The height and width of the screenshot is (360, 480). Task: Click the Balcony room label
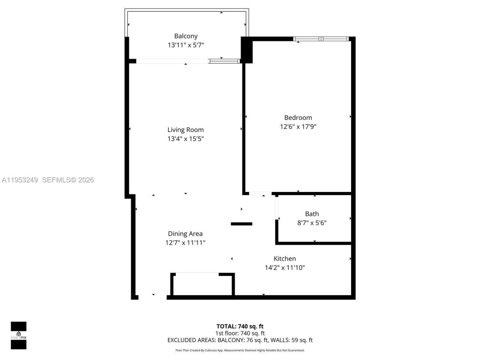coord(186,36)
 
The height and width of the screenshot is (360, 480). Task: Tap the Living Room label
coord(186,130)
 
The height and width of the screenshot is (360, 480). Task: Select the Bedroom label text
coord(298,118)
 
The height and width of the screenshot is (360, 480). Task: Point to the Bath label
coord(312,214)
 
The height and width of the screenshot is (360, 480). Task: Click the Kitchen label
coord(285,259)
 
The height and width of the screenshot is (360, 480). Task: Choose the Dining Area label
coord(185,234)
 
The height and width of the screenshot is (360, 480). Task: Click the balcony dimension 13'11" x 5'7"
coord(186,45)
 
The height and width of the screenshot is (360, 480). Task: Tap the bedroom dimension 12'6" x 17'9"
coord(298,127)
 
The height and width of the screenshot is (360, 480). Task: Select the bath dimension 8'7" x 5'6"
coord(312,223)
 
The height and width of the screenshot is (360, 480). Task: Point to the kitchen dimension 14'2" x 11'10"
coord(285,268)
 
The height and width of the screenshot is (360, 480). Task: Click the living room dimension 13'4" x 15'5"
coord(186,139)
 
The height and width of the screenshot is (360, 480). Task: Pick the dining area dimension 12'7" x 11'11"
coord(185,243)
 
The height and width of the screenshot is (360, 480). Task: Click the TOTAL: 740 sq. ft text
coord(240,326)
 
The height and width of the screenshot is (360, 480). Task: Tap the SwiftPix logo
coord(18,335)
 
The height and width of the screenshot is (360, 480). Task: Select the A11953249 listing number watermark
coord(20,180)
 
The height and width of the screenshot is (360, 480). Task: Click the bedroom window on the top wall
coord(321,39)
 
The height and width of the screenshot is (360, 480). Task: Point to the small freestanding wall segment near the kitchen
coord(241,224)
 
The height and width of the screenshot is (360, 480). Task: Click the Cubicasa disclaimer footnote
coord(240,350)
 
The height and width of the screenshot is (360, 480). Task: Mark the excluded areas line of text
coord(240,340)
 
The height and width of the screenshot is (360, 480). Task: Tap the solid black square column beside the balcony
coord(247,49)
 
